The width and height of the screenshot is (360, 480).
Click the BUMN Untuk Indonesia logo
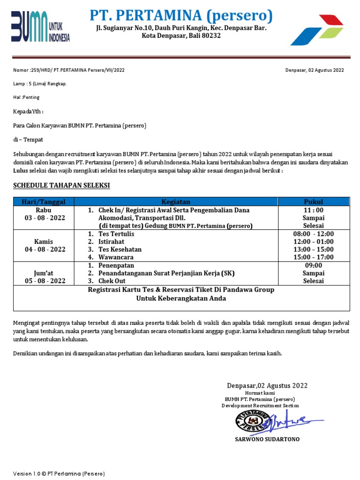click(40, 27)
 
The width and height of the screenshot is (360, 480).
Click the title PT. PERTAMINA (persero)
click(181, 15)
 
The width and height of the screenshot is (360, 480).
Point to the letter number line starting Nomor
click(69, 70)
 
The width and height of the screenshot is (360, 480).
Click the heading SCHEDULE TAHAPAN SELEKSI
click(61, 186)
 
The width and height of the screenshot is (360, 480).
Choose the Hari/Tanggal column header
click(45, 202)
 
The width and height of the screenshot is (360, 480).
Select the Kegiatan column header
click(176, 202)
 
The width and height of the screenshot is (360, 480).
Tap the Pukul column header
click(313, 202)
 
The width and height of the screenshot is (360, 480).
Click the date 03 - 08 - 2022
click(45, 218)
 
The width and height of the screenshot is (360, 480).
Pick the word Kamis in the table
click(45, 242)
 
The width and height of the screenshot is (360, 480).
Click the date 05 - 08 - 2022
click(45, 281)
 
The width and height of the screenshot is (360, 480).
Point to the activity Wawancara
click(116, 257)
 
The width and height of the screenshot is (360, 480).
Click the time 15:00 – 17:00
click(313, 257)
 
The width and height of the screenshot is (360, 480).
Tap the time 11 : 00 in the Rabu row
click(313, 210)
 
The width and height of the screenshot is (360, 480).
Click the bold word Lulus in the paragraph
click(21, 171)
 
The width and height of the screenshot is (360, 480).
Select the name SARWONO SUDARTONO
click(267, 439)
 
